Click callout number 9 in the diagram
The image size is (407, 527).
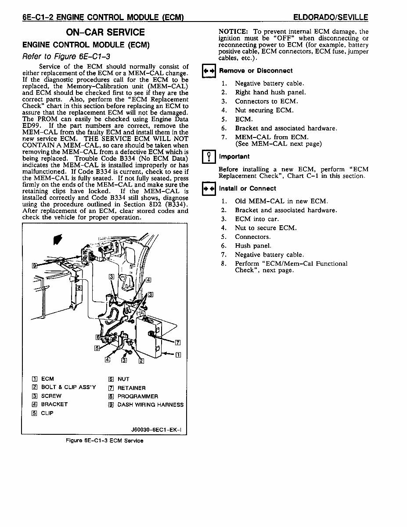point(35,265)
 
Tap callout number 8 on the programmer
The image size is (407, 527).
point(79,288)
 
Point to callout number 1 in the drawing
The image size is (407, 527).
point(178,355)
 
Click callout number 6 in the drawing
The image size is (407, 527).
point(98,337)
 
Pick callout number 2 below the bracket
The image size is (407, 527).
point(141,361)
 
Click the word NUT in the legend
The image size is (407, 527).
point(123,379)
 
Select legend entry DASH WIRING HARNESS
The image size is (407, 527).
point(150,404)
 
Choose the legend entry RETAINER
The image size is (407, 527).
point(131,388)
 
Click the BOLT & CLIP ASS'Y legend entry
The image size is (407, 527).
point(68,387)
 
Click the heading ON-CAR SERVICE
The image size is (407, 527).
point(105,32)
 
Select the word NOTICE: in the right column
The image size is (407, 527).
point(233,32)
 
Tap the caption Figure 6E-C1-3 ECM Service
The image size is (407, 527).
point(104,440)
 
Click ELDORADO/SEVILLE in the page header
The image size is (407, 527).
point(330,18)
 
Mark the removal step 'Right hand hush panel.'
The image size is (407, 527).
point(270,92)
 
